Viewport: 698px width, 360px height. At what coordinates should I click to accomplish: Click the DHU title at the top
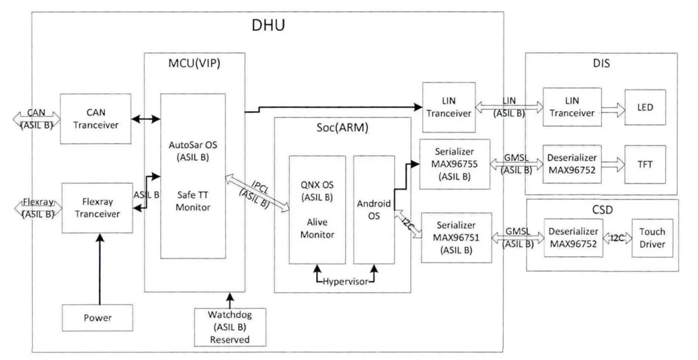click(x=268, y=26)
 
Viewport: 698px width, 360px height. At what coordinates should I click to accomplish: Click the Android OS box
click(x=374, y=209)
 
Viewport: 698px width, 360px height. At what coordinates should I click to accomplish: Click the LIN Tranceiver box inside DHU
click(x=448, y=107)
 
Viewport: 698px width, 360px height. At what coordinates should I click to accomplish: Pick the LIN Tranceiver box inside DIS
click(x=570, y=107)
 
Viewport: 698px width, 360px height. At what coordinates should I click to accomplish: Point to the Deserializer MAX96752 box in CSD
click(x=570, y=237)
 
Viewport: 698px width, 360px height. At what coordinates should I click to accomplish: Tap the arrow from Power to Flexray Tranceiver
click(x=99, y=268)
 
